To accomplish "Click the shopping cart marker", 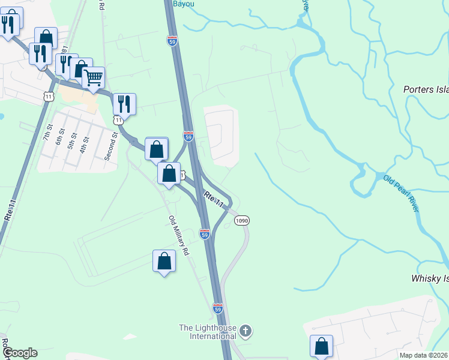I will (x=93, y=78).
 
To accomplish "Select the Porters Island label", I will (x=426, y=89).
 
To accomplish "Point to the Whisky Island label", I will (x=429, y=278).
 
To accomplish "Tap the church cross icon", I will (x=245, y=331).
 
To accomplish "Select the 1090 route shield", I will (x=241, y=221).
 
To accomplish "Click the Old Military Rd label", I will (x=179, y=236).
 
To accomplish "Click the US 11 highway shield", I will (x=48, y=95).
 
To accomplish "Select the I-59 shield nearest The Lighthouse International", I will (x=217, y=308).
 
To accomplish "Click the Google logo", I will (x=19, y=353).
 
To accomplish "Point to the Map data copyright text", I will (x=423, y=355).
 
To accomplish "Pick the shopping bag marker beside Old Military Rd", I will (x=164, y=262).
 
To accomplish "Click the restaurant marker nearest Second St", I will (x=124, y=104).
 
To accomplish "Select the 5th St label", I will (x=73, y=144).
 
